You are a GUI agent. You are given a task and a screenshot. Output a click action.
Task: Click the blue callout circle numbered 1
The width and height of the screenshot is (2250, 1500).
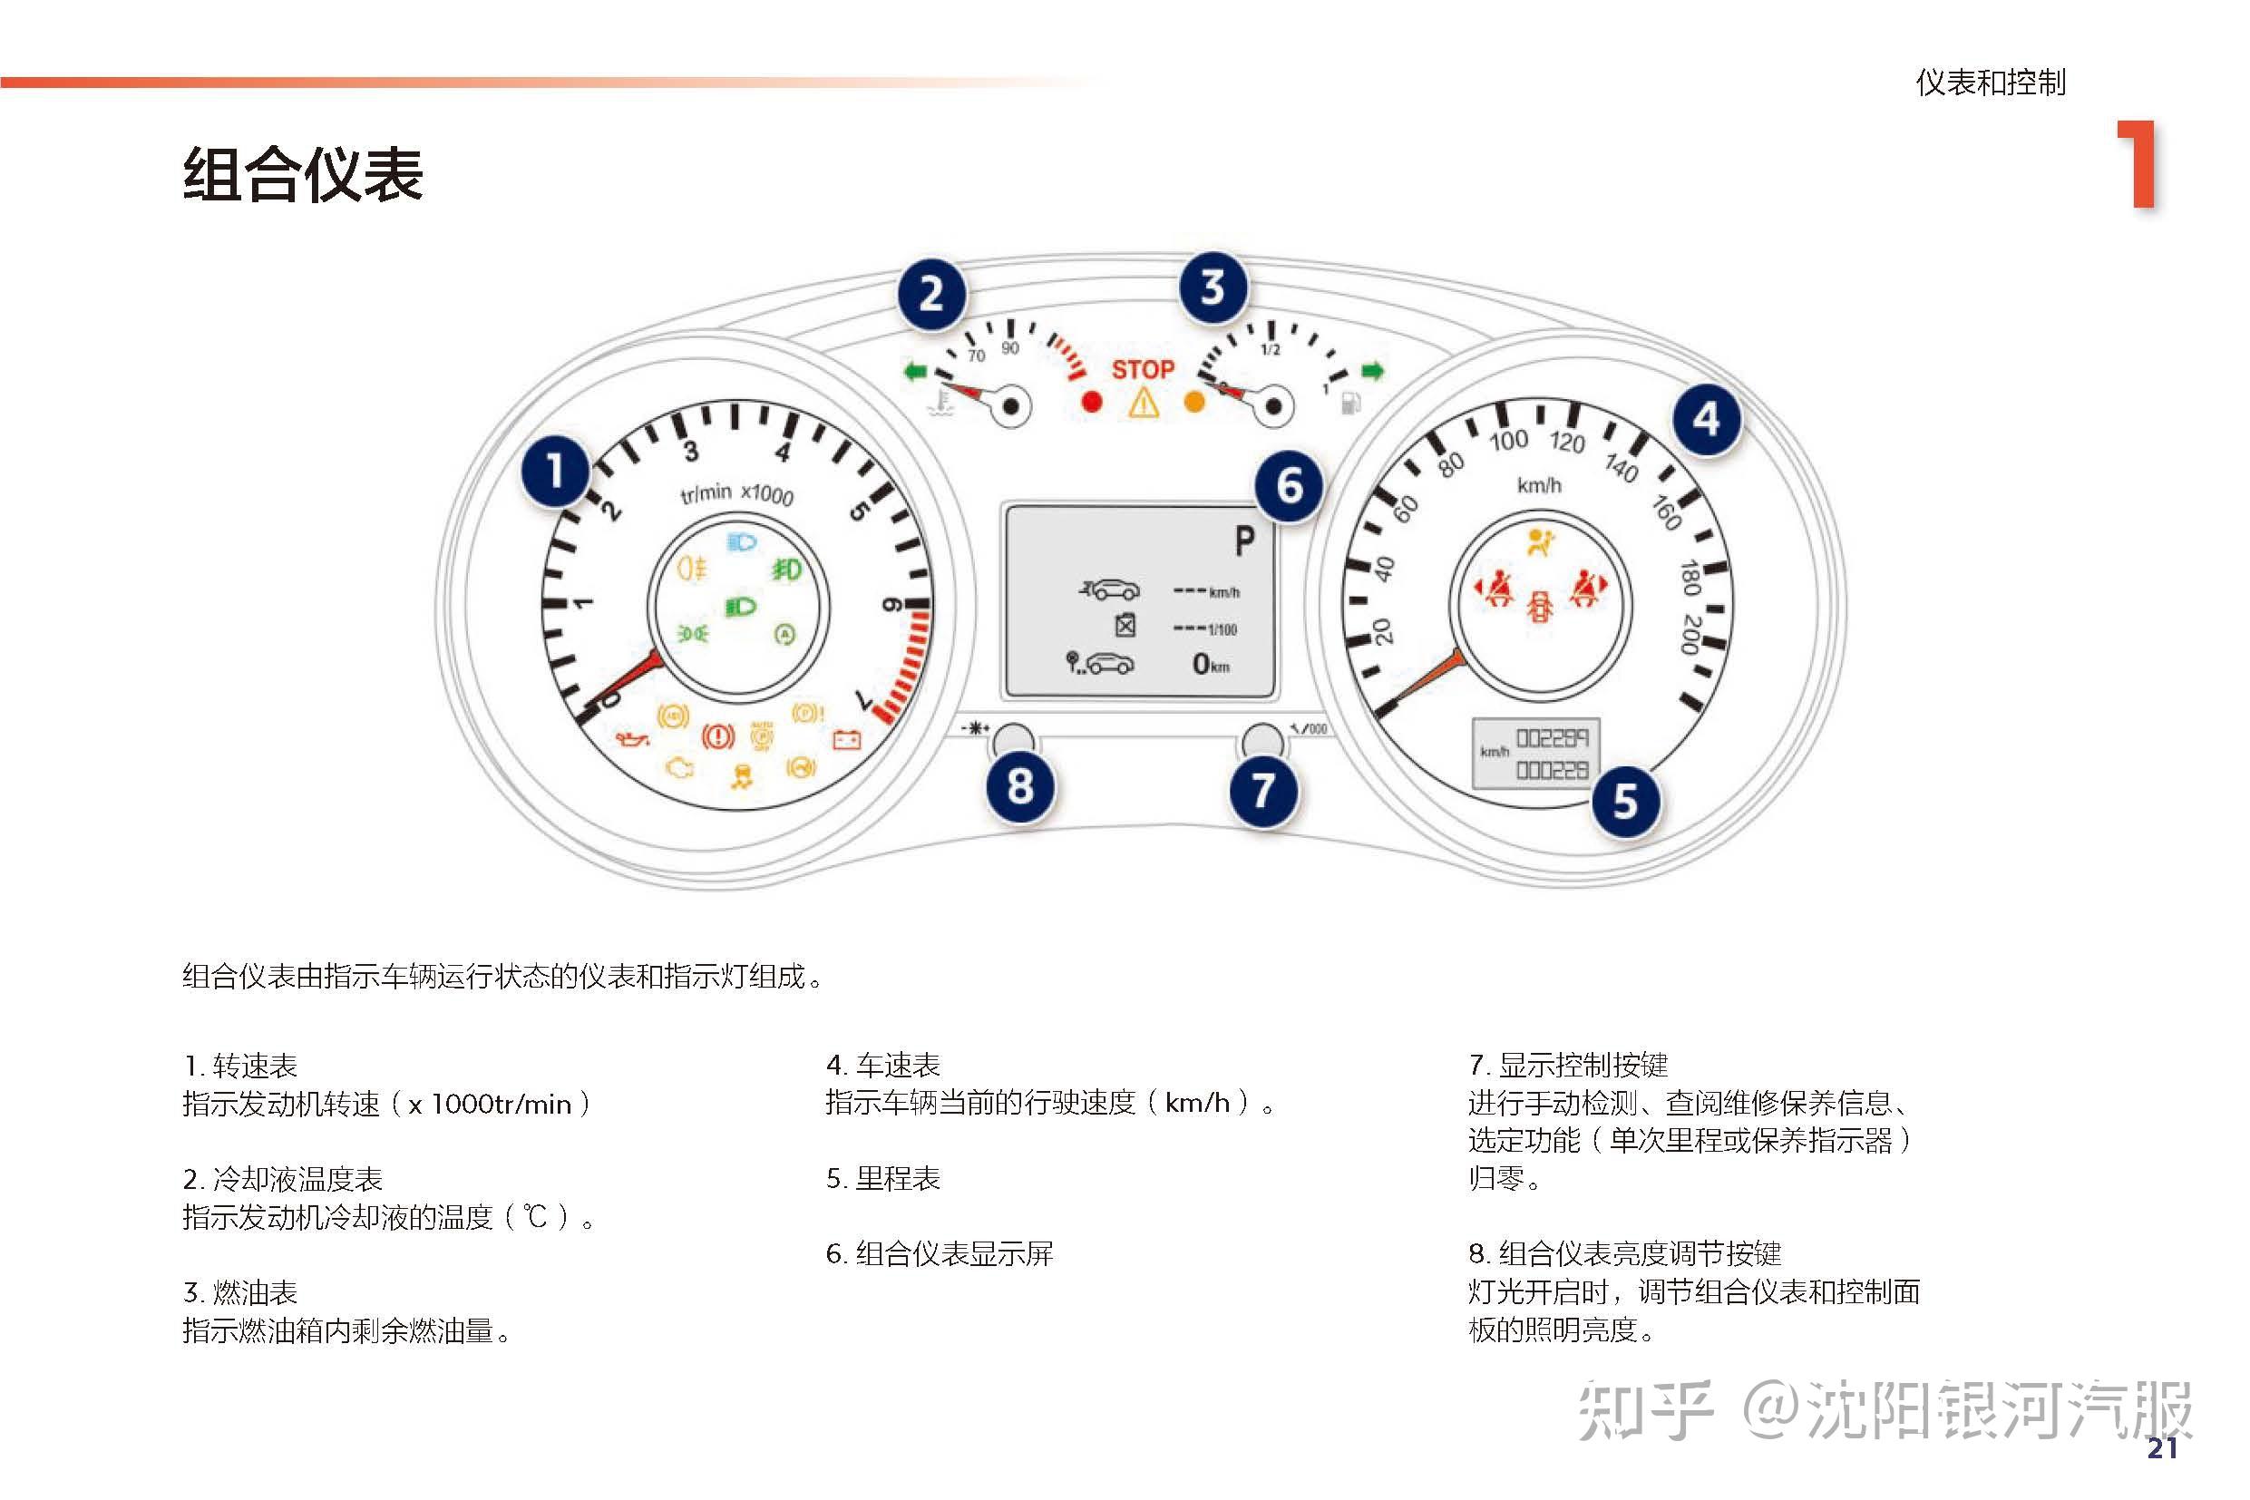(555, 472)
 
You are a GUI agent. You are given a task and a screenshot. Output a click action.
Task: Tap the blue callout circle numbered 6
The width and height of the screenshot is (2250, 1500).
(1289, 486)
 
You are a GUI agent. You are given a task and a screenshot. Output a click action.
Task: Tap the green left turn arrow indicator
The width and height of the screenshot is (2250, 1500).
(915, 371)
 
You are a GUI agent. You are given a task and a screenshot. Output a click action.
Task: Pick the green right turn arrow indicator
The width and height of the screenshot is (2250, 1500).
(1373, 371)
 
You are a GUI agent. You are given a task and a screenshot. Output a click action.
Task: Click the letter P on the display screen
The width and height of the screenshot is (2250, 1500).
(1242, 541)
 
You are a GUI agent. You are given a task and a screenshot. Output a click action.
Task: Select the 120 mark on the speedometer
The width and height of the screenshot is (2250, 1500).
(1567, 442)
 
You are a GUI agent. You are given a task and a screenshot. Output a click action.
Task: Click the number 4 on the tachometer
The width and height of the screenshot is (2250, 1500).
(783, 452)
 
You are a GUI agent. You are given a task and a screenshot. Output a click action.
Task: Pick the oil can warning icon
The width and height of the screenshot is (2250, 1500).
(631, 738)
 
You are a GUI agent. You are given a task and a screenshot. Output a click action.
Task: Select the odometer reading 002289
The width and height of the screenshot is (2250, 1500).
(1552, 737)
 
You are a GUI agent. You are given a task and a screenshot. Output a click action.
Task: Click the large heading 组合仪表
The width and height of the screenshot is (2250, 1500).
(302, 175)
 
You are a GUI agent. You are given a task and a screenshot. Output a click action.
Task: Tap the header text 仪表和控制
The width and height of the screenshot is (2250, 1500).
(1990, 83)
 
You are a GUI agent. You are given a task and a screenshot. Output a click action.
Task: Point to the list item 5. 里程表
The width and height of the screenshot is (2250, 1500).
(882, 1179)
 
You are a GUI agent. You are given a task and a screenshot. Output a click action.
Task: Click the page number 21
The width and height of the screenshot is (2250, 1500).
(2162, 1448)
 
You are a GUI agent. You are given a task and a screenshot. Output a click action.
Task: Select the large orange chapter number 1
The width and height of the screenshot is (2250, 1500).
(2138, 164)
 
